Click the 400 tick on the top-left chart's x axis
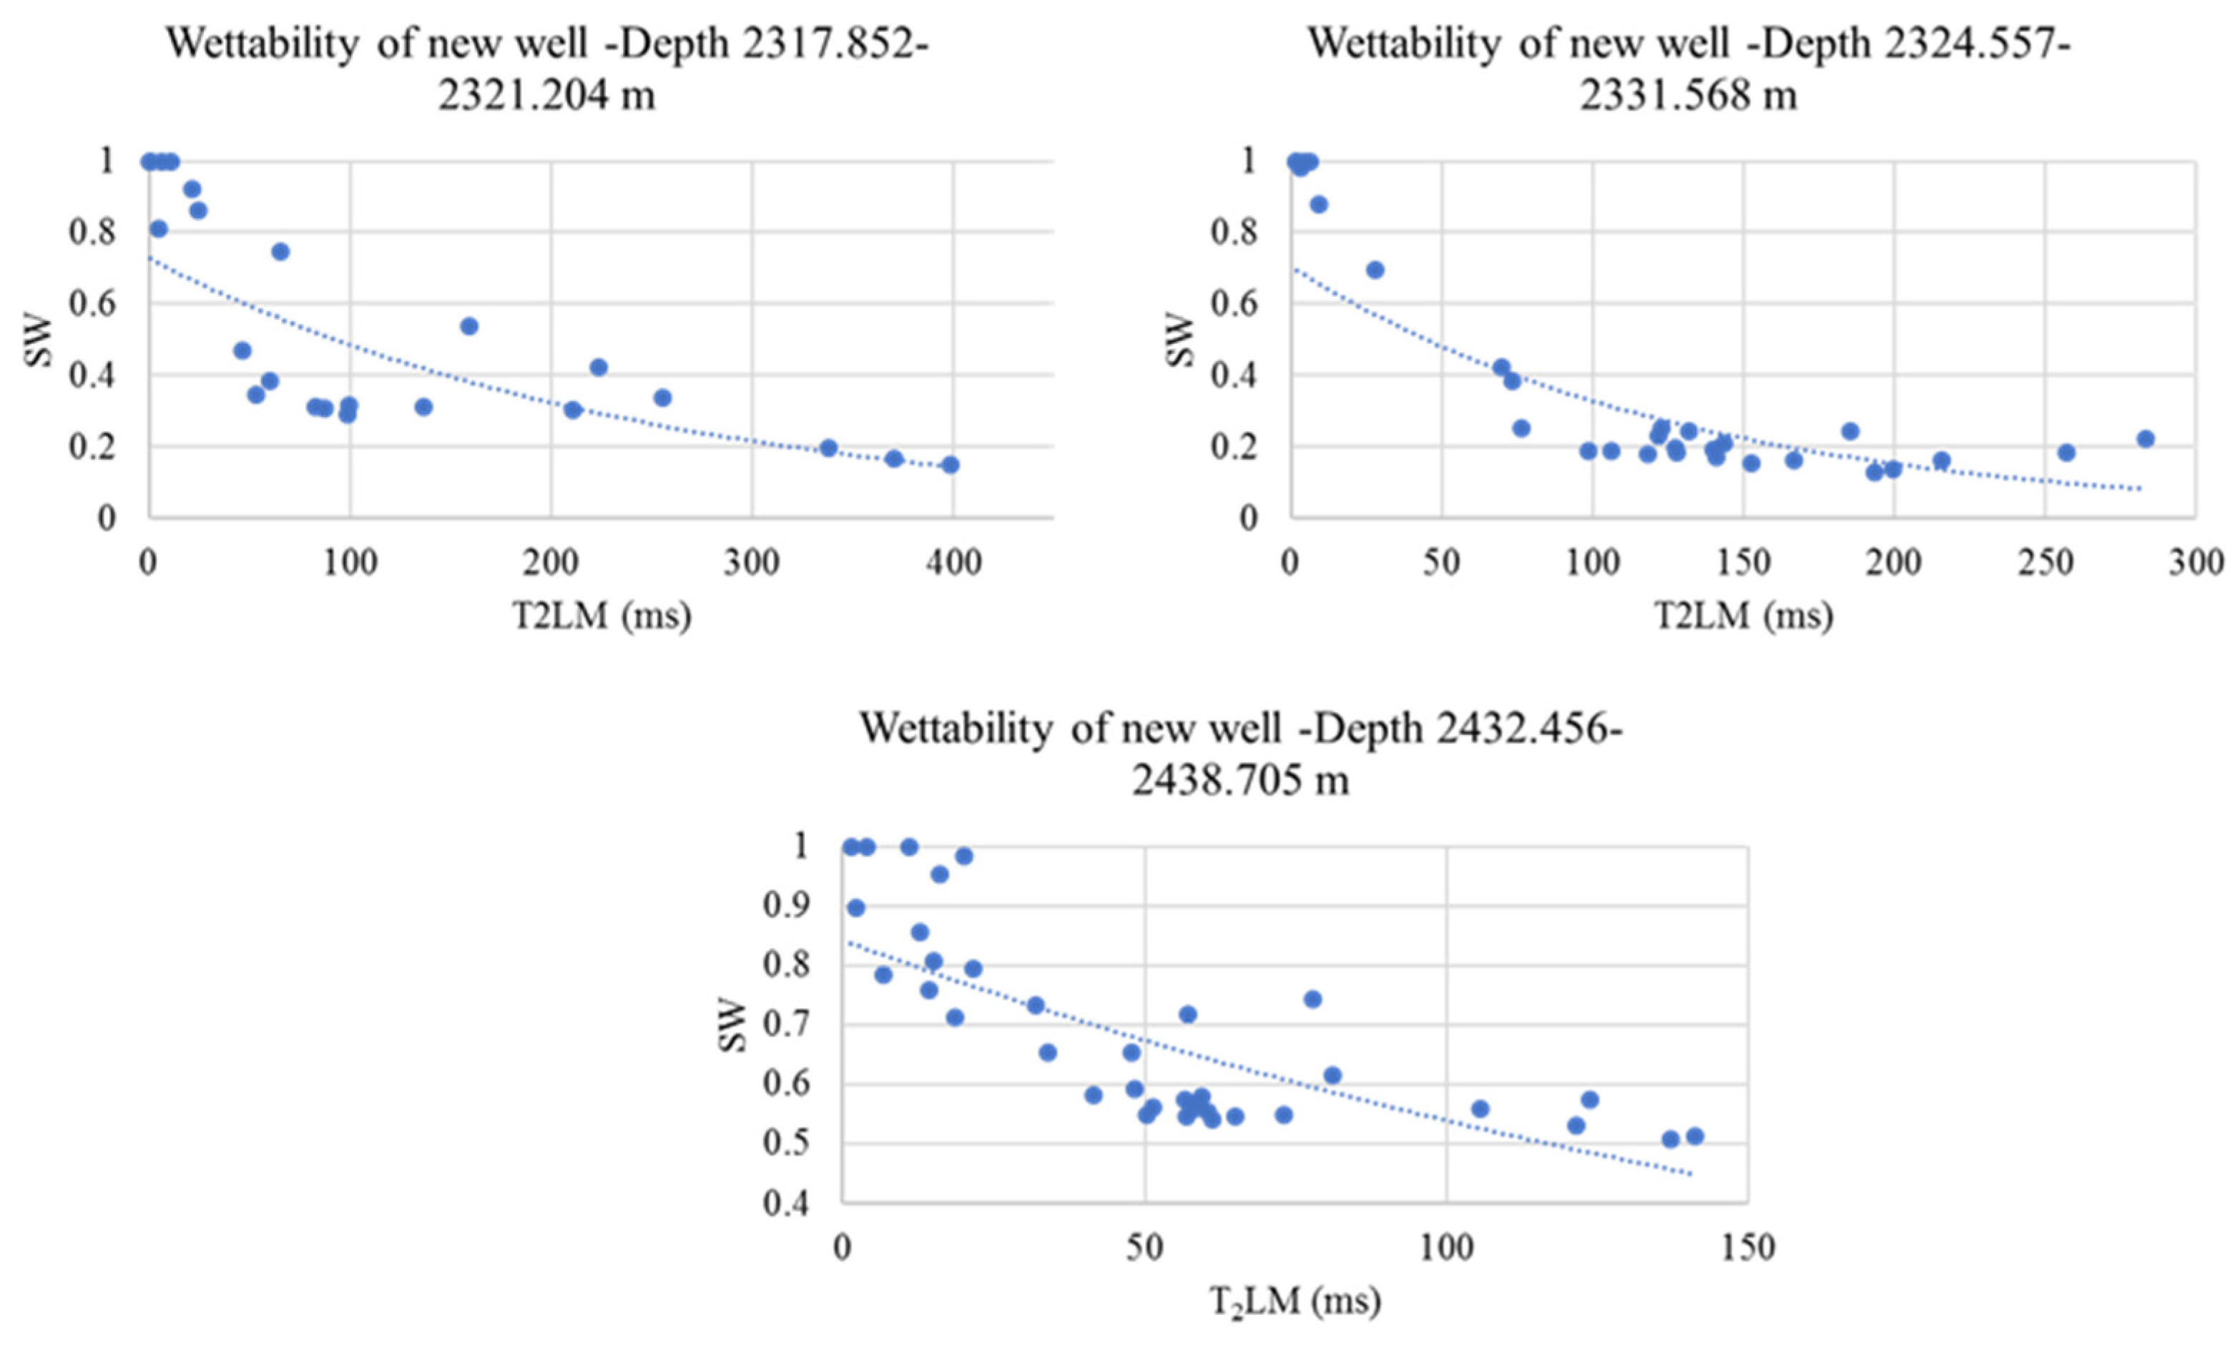pos(953,563)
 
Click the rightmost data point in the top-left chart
pos(950,465)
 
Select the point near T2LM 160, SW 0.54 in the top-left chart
pos(469,326)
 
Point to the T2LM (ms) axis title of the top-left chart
pos(601,616)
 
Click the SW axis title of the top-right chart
pos(1179,339)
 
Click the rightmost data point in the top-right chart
pos(2146,439)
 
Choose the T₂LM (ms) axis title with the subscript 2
pos(1295,1302)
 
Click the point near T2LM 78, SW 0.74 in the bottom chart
pos(1312,999)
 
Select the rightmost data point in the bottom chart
pos(1694,1136)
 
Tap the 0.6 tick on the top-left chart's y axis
pos(94,304)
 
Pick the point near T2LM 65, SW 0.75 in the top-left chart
pos(280,252)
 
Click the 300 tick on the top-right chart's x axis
pos(2194,563)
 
